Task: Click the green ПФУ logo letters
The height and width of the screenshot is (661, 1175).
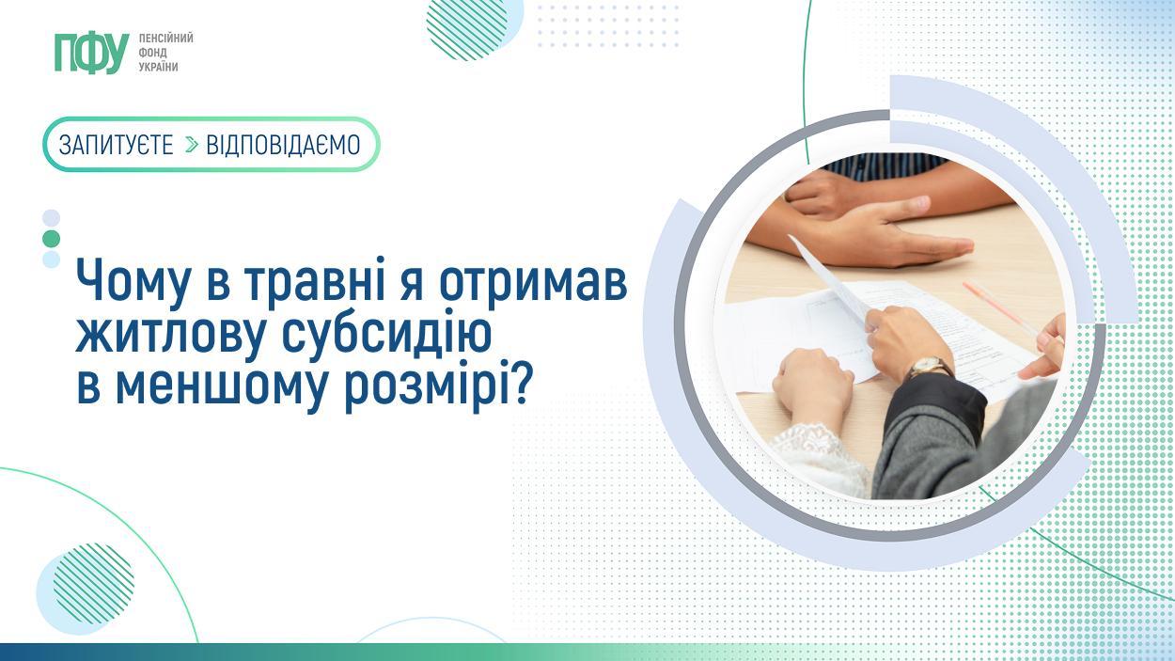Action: pos(92,53)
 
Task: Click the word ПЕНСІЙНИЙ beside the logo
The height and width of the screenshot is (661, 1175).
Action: pos(165,39)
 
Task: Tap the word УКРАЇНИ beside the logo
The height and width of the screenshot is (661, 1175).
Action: pos(159,67)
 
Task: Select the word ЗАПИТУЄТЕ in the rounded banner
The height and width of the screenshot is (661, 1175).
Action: pos(116,145)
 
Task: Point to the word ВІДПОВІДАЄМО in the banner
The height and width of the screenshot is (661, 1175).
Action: pos(283,145)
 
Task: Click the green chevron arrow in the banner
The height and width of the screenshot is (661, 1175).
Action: pos(192,145)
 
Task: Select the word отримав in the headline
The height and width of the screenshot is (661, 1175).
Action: pos(533,286)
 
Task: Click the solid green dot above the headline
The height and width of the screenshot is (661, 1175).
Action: pos(52,239)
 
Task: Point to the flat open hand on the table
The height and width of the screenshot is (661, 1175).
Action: pos(866,236)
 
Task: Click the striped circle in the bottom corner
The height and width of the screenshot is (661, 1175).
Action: pos(93,583)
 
